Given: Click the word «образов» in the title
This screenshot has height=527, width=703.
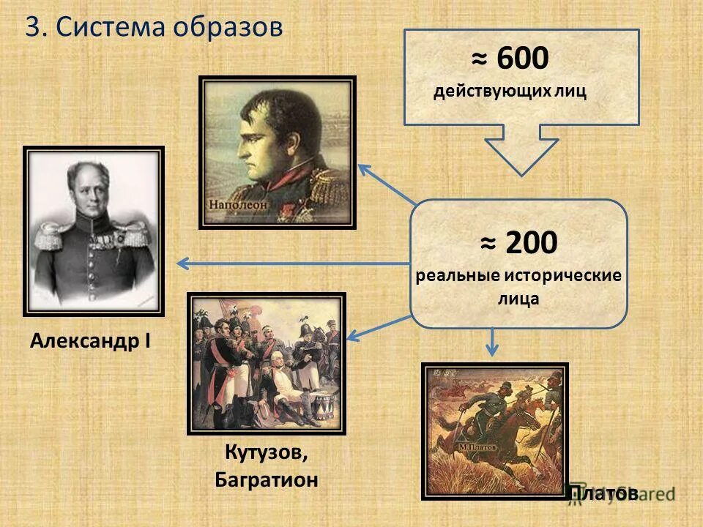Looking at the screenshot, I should [228, 28].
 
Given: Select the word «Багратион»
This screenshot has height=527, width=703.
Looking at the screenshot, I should [267, 480].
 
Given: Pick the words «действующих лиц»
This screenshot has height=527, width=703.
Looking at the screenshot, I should [510, 92].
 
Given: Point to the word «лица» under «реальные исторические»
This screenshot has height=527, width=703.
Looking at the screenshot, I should [518, 298].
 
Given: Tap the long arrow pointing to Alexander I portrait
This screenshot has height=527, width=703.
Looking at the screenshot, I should [293, 263].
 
